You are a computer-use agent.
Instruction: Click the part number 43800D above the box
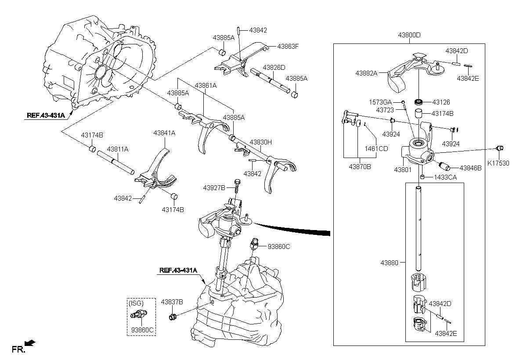[x=409, y=35]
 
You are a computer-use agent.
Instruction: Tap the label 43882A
[x=366, y=73]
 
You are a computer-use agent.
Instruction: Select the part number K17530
[x=498, y=163]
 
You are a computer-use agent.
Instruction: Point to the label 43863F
[x=288, y=47]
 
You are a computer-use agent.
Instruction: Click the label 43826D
[x=274, y=68]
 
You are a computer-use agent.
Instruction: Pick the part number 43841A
[x=164, y=133]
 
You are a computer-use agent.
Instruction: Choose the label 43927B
[x=214, y=188]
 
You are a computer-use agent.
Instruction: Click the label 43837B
[x=172, y=302]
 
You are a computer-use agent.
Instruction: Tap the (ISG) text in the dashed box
[x=136, y=303]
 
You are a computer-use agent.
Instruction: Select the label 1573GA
[x=380, y=102]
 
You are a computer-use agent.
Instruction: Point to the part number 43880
[x=390, y=263]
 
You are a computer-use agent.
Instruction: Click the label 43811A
[x=118, y=149]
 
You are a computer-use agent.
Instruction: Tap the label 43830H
[x=261, y=142]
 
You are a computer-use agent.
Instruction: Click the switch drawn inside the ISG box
[x=139, y=314]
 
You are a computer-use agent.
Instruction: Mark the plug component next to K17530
[x=499, y=148]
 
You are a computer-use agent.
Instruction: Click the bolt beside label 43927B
[x=237, y=187]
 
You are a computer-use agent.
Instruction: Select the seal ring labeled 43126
[x=418, y=102]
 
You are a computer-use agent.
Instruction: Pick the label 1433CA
[x=445, y=177]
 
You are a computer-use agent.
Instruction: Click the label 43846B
[x=470, y=168]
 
